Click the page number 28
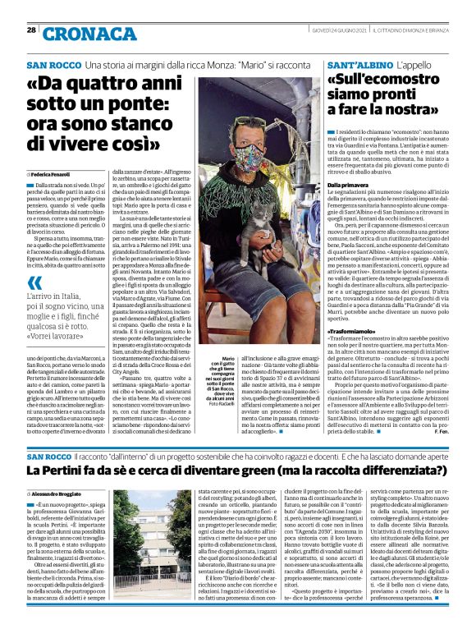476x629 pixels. pyautogui.click(x=31, y=30)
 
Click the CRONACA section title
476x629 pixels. pyautogui.click(x=91, y=33)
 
